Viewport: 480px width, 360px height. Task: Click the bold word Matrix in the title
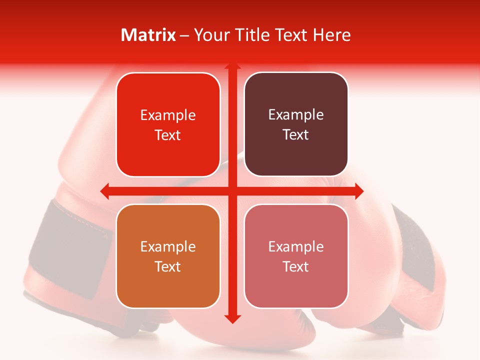(148, 35)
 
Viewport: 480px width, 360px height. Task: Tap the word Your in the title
(212, 35)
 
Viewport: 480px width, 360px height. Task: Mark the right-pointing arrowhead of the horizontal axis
(358, 191)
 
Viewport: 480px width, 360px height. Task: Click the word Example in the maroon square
(296, 115)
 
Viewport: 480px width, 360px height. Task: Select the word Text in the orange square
(168, 266)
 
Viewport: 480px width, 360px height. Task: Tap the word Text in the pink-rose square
(296, 266)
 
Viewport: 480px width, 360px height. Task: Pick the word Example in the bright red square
(168, 115)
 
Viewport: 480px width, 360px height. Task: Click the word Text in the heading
(292, 35)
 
